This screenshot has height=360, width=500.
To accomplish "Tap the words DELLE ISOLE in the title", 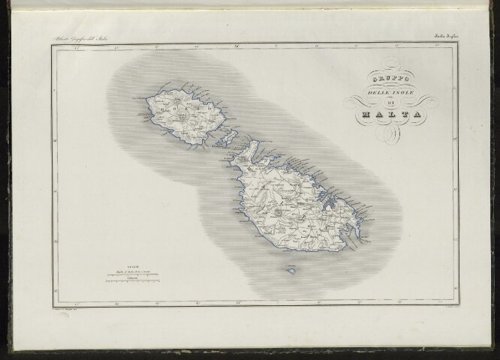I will [x=384, y=91].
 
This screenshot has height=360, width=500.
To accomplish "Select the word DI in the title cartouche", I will [x=384, y=102].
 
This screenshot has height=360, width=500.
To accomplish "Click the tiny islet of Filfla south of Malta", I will [x=289, y=268].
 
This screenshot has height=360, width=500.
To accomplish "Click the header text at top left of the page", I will [x=85, y=37].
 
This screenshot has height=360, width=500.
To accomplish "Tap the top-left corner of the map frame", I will [x=53, y=44].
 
